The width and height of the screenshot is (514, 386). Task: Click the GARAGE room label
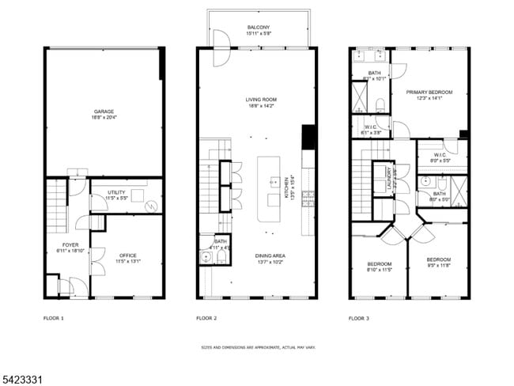(x=104, y=112)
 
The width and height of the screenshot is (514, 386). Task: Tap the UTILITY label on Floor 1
(x=117, y=192)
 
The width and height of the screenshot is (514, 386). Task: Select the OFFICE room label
(x=127, y=255)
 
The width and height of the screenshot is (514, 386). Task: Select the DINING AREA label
(x=270, y=255)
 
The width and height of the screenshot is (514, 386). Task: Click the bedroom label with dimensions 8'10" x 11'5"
(x=379, y=263)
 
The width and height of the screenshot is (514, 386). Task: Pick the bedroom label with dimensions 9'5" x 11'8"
(x=439, y=260)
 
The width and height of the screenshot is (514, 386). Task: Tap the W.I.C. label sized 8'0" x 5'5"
(x=440, y=155)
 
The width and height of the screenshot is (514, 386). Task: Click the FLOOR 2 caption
(x=206, y=318)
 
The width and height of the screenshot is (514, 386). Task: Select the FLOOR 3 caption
(x=359, y=318)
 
